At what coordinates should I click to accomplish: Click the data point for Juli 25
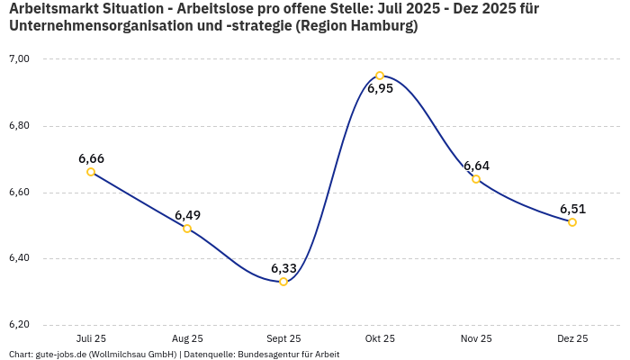[91, 172]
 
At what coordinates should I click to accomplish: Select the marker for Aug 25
[187, 229]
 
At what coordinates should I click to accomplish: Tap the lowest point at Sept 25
[283, 282]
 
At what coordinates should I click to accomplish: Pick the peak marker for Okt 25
[380, 76]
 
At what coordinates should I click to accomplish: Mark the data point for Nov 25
[476, 178]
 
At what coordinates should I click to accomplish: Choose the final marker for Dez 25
[572, 222]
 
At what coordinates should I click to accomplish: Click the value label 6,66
[91, 158]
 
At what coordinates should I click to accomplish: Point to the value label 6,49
[187, 215]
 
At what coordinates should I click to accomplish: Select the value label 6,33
[283, 268]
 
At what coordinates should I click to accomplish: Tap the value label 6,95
[380, 89]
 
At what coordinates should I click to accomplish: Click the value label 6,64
[476, 166]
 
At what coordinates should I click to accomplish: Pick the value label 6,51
[572, 209]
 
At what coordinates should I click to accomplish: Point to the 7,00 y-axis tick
[19, 59]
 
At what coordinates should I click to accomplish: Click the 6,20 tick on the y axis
[19, 325]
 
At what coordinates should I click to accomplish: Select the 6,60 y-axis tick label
[19, 193]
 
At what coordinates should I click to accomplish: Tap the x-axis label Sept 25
[283, 338]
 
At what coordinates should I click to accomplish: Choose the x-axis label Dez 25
[572, 338]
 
